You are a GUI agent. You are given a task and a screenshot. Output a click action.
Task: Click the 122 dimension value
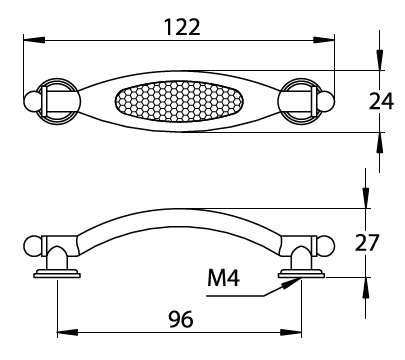click(183, 27)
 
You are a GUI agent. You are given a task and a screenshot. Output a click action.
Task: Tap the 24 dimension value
click(381, 101)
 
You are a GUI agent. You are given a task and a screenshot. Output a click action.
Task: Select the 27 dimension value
click(367, 242)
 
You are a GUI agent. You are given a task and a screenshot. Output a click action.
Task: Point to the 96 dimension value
click(180, 319)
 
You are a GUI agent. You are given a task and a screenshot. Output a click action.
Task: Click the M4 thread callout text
click(223, 278)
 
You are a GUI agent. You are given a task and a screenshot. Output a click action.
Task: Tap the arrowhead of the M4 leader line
click(290, 283)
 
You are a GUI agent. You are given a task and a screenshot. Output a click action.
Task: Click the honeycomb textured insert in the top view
click(179, 101)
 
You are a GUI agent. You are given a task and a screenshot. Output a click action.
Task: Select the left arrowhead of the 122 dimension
click(34, 40)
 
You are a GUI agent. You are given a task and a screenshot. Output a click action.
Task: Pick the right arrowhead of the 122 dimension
click(323, 40)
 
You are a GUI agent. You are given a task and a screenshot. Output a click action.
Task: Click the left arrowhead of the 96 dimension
click(68, 332)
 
